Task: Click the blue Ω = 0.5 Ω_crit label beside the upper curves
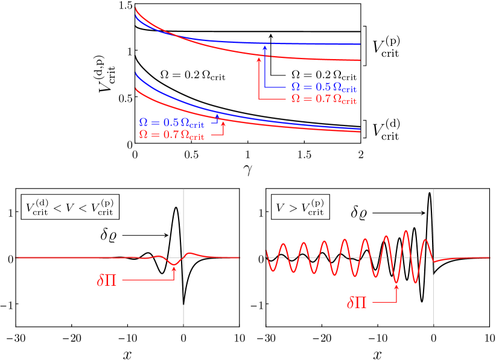[x=324, y=87]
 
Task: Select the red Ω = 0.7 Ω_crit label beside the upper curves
[x=324, y=99]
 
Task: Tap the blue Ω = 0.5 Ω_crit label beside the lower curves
[x=171, y=122]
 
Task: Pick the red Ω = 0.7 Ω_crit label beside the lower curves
[x=171, y=134]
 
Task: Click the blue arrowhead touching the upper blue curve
[x=264, y=45]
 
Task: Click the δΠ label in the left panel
[x=107, y=280]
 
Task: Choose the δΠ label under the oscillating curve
[x=357, y=303]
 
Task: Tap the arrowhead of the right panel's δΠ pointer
[x=396, y=286]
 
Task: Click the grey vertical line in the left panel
[x=183, y=302]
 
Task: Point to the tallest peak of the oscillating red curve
[x=407, y=230]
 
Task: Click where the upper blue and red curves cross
[x=175, y=36]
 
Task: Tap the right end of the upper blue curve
[x=360, y=44]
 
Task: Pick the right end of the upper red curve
[x=360, y=60]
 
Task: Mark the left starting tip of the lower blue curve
[x=135, y=74]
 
